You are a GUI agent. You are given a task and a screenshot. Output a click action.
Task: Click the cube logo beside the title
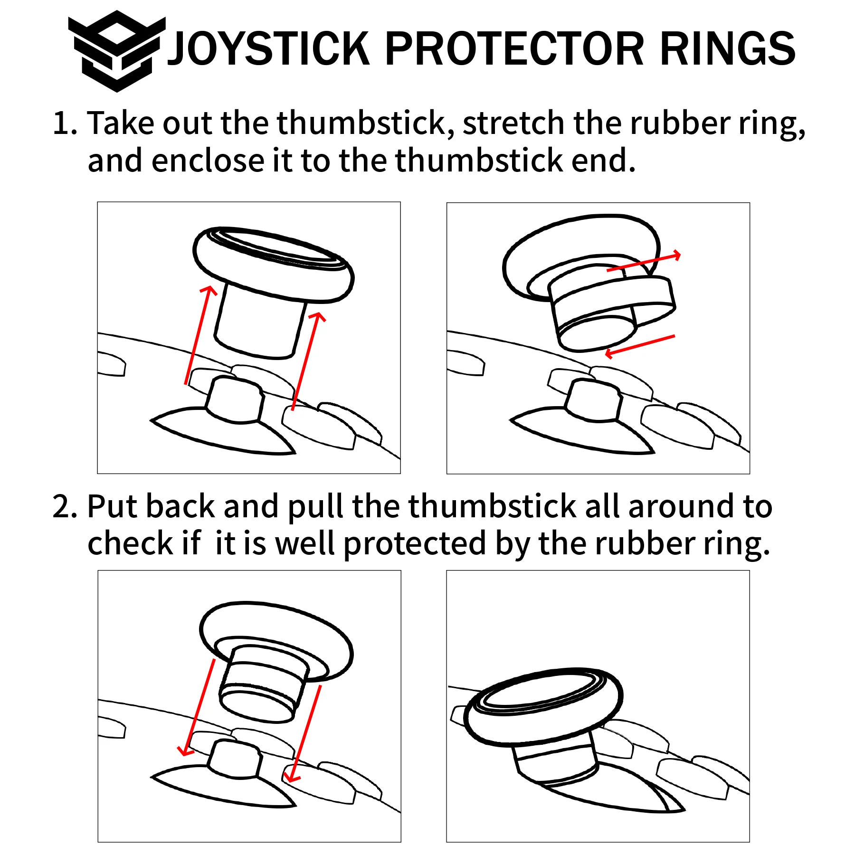116,51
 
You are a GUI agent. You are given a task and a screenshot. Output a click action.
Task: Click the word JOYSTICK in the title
268,49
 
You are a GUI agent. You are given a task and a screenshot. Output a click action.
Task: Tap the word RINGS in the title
727,49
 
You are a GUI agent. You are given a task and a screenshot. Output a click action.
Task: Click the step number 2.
64,506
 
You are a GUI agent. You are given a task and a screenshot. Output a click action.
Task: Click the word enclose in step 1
207,161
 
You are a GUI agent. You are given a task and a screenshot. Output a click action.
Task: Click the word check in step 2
130,543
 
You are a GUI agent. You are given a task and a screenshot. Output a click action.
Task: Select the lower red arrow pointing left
639,345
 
